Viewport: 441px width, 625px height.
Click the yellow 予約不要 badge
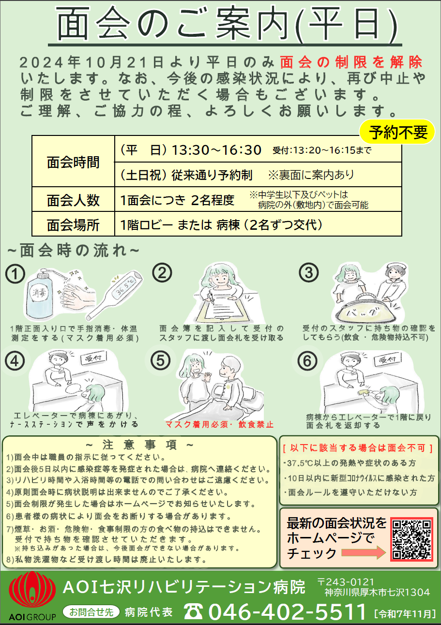coord(397,132)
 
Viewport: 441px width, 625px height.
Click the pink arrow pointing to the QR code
coord(364,552)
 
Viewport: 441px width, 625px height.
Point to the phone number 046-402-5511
coord(288,611)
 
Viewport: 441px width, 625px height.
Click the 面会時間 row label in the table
coord(73,162)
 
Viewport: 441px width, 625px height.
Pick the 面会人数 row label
coord(73,200)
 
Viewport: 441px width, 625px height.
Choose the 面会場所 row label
coord(73,225)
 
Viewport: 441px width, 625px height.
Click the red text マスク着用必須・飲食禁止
coord(219,424)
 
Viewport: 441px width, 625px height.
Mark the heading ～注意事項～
coord(139,445)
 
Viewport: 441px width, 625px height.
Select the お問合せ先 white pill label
coord(91,612)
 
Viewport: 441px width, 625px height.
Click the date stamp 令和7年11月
coord(405,614)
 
